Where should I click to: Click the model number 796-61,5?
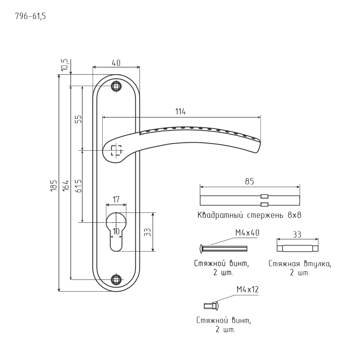tap(31, 17)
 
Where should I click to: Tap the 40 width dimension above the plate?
tap(116, 63)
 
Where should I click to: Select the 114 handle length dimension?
tap(181, 112)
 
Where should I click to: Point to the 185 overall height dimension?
tap(54, 184)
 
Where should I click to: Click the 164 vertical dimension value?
tap(65, 184)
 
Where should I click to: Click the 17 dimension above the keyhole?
tap(116, 198)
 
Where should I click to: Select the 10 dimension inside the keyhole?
tap(116, 231)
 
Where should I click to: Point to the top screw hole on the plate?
tap(117, 85)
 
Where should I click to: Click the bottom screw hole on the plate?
tap(117, 279)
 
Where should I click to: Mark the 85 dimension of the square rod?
tap(250, 181)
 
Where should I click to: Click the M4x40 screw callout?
tap(247, 233)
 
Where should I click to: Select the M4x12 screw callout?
tap(247, 290)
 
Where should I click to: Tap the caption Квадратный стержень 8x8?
tap(249, 215)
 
